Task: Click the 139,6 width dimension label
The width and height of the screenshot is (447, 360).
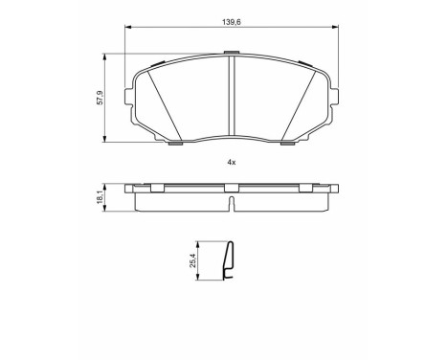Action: [231, 22]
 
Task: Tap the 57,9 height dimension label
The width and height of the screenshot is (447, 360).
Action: [101, 98]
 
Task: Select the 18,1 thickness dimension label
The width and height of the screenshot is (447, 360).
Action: [100, 197]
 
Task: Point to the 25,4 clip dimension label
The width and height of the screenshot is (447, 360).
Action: [192, 260]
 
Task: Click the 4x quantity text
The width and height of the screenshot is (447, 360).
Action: [232, 162]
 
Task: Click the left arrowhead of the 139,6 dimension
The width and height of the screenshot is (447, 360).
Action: [127, 27]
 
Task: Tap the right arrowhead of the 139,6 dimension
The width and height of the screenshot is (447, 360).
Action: [335, 27]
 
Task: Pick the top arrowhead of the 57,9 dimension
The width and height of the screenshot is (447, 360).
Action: [104, 56]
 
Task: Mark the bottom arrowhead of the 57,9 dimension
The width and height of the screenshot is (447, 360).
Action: [104, 139]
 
